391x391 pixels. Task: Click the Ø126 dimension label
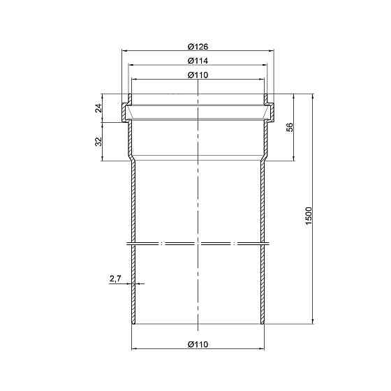coord(198,47)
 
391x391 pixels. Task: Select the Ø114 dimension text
coord(198,61)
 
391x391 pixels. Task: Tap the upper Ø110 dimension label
coord(198,75)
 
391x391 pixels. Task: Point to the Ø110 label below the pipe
coord(198,344)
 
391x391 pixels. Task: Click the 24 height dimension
coord(99,108)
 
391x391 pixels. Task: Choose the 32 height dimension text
coord(99,141)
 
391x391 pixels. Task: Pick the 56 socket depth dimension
coord(290,127)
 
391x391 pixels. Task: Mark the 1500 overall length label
coord(309,216)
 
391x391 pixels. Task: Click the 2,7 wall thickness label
coord(115,279)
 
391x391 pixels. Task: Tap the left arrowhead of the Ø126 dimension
coord(124,50)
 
